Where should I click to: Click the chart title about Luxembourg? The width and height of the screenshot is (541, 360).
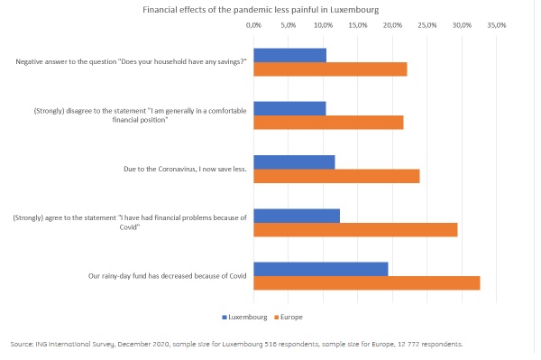coord(261,10)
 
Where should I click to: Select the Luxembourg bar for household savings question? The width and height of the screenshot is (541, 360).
coord(289,55)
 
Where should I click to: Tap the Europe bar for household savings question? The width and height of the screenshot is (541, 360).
coord(330,69)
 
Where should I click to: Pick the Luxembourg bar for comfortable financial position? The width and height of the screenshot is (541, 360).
coord(289,109)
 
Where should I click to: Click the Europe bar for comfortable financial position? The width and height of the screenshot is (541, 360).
coord(328,123)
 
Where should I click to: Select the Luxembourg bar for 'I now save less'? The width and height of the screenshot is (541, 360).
coord(294,162)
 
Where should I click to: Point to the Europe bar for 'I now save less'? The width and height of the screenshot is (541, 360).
coord(336,176)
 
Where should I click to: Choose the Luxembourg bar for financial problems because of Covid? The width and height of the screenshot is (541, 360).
coord(297,216)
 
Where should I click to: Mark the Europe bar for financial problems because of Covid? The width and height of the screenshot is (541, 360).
coord(355,229)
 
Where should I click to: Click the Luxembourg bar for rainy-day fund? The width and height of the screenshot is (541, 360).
coord(321,269)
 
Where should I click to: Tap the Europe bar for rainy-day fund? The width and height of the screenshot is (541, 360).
coord(367,283)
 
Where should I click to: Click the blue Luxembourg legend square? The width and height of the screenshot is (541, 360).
coord(225,318)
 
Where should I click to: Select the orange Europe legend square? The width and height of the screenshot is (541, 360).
coord(276,318)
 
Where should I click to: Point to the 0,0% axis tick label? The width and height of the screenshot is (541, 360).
coord(253,25)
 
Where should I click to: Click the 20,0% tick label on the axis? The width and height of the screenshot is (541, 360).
coord(392,25)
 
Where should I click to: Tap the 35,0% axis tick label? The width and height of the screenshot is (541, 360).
coord(497,25)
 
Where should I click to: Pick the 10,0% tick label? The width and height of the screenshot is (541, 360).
coord(324,25)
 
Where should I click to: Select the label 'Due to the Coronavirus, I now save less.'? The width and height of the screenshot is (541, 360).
coord(185,169)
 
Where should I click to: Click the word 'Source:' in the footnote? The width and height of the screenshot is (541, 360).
coord(22,344)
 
